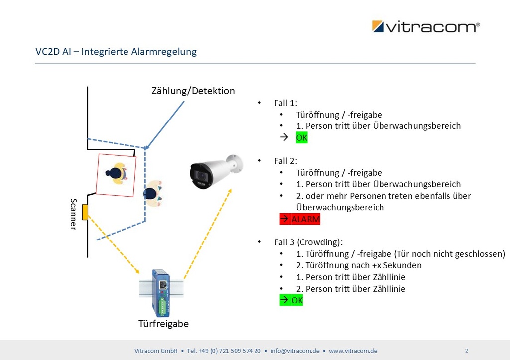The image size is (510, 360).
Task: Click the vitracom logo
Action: coord(425,26)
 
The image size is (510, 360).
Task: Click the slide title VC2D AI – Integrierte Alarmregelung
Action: coord(116,51)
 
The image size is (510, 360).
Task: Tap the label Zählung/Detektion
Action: coord(193,91)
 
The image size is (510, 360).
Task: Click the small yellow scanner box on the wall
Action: coord(85,212)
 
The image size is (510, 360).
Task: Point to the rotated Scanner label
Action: coord(74,214)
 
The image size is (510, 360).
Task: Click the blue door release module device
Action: coord(161,293)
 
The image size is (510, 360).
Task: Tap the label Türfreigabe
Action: coord(163,324)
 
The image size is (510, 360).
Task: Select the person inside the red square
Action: coord(117,173)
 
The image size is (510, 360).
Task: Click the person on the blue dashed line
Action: coord(152,193)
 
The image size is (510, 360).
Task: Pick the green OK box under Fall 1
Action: coord(302,138)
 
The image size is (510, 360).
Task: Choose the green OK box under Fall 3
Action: coord(291,300)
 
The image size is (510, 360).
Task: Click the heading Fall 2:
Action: coord(285,161)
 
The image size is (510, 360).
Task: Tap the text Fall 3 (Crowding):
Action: coord(308,242)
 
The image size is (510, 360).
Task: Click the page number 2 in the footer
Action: coord(466,350)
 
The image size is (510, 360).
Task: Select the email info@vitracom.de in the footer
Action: coord(295,351)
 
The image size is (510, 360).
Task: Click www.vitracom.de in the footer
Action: coord(353,351)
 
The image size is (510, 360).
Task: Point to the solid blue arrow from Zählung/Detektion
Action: coord(165,124)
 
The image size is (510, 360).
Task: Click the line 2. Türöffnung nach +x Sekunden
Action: coord(359,265)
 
